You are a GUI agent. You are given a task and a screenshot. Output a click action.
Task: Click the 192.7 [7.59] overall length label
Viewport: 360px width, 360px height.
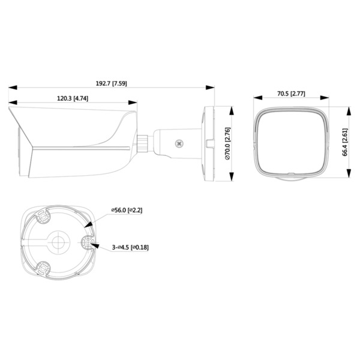pos(112,83)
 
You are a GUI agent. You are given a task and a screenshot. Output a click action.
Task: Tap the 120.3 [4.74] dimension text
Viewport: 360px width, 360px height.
pos(73,98)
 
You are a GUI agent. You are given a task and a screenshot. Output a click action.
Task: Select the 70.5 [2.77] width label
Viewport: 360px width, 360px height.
pos(291,94)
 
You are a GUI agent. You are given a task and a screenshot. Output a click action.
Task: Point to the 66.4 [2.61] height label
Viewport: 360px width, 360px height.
pos(345,142)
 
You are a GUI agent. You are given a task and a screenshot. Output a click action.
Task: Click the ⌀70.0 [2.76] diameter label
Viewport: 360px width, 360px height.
pos(227,143)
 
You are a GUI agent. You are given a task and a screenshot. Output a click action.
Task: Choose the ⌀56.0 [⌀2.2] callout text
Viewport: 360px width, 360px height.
pos(127,210)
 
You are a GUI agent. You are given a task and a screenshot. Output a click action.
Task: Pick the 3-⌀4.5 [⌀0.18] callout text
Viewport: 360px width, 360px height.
pos(130,247)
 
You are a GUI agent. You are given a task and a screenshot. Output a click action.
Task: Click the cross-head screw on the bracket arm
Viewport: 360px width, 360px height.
pos(179,144)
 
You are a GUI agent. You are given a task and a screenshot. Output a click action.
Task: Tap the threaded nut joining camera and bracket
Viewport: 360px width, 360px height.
pos(143,143)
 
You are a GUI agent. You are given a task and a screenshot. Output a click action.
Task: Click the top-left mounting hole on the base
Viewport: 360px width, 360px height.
pos(43,216)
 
